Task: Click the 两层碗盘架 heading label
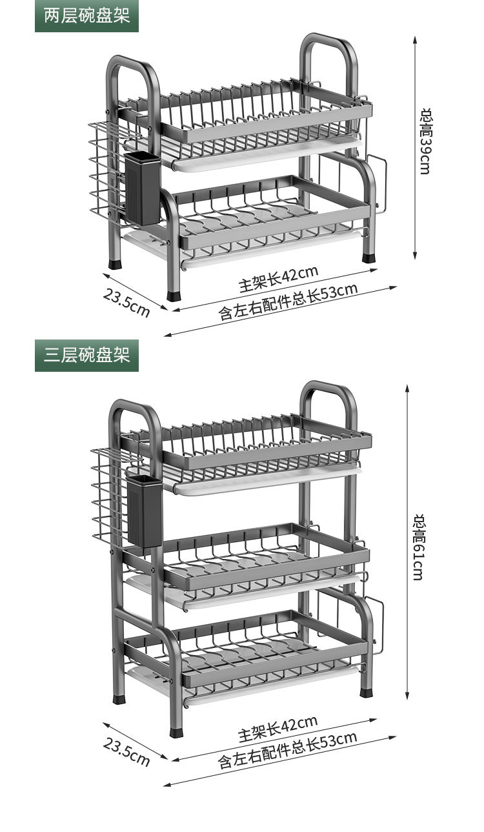[x=86, y=16]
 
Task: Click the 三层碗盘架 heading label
[x=86, y=354]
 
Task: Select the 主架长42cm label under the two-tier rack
[x=278, y=278]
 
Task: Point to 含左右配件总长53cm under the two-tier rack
[x=288, y=301]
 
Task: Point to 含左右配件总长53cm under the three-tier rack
[x=287, y=751]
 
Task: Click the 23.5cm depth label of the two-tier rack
[x=127, y=302]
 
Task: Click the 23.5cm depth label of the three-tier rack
[x=126, y=751]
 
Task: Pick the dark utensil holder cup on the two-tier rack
[x=142, y=188]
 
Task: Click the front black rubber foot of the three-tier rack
[x=176, y=732]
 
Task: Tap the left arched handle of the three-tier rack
[x=135, y=420]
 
